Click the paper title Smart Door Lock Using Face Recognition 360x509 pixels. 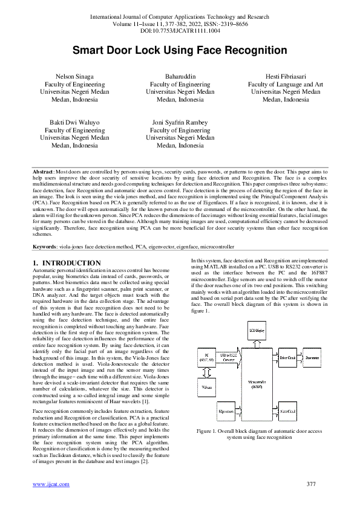(x=180, y=51)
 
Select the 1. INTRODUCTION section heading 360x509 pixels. (x=67, y=262)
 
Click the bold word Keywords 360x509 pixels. (x=45, y=247)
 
